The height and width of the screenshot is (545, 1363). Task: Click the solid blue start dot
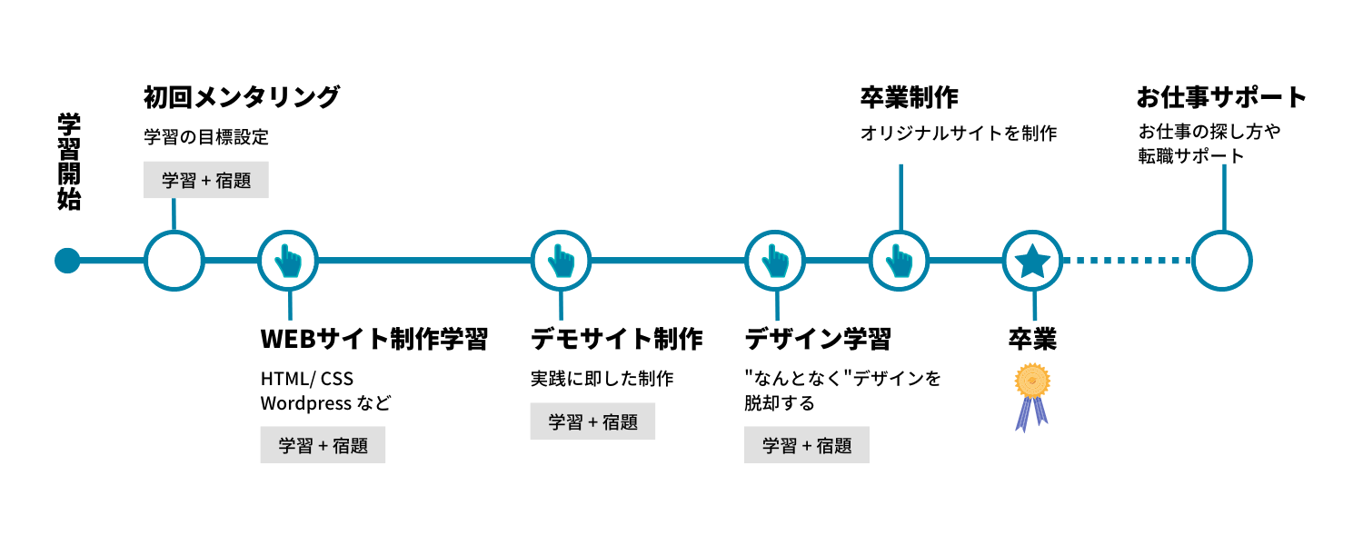67,261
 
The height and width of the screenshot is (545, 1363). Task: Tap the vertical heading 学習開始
69,162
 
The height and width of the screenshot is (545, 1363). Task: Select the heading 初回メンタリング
242,97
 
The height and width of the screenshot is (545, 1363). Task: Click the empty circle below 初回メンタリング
174,261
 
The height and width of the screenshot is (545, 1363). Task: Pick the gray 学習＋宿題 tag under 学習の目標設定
206,180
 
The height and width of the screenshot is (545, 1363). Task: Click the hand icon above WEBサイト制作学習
288,261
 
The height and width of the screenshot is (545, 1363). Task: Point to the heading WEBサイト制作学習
374,339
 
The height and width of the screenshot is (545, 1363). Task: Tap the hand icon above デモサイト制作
561,261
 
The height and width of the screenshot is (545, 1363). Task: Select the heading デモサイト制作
617,339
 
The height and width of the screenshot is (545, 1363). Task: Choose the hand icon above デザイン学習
775,261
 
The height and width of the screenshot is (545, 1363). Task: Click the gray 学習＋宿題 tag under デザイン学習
807,445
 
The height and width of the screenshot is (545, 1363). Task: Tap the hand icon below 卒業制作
899,261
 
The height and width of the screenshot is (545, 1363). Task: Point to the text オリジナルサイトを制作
959,134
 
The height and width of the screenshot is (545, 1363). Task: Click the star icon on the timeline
1033,262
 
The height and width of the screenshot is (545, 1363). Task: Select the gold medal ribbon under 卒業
1032,395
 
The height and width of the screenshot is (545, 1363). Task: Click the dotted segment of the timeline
1128,261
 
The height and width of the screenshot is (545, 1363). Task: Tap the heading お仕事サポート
1221,97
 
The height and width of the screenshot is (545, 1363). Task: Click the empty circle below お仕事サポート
1222,261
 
